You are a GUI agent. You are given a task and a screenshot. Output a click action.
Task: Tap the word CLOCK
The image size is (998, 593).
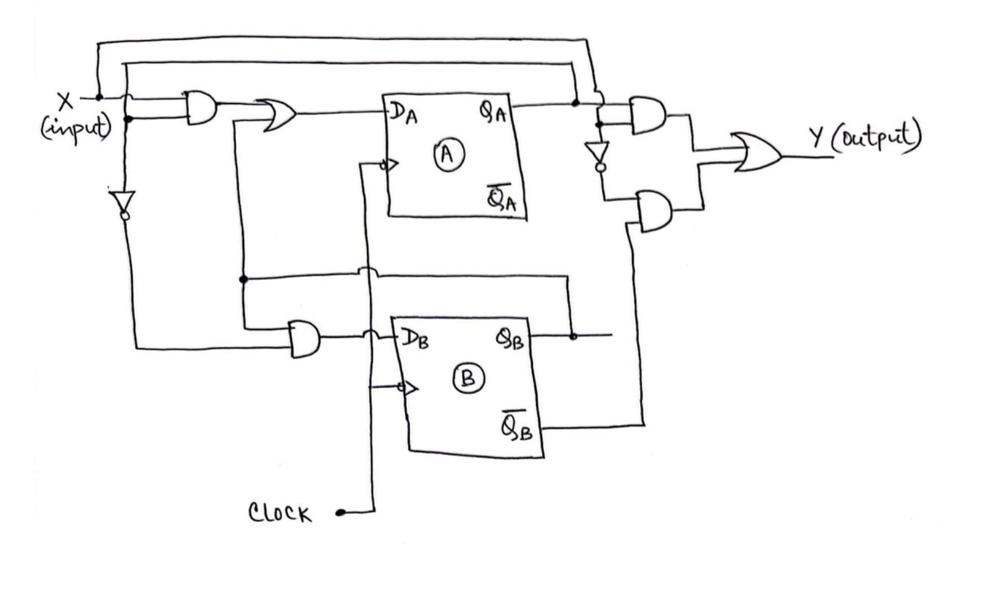280,513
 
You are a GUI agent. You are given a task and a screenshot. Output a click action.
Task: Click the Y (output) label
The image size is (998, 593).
865,137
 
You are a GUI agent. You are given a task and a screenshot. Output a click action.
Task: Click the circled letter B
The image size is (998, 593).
468,379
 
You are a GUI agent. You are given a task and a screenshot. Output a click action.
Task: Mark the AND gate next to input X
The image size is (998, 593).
201,108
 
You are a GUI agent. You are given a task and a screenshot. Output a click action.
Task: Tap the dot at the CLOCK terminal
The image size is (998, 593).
340,512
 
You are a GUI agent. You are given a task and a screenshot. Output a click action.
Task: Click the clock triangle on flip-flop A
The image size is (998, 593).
391,164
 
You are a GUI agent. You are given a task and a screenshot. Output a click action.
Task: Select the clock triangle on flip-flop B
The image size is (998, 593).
410,388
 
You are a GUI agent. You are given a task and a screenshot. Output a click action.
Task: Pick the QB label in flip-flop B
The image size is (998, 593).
509,340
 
